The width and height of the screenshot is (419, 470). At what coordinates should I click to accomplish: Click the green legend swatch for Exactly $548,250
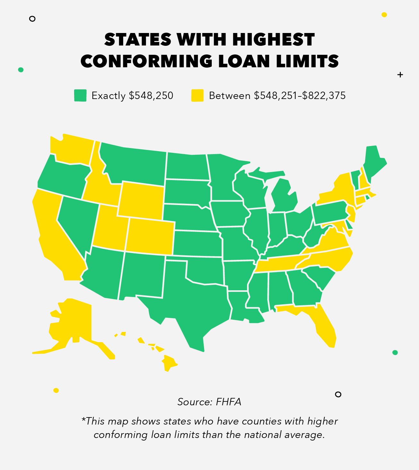tap(80, 95)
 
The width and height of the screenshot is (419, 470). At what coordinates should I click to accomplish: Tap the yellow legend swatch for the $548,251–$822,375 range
tap(197, 95)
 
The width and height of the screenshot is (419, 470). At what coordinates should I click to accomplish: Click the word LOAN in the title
tap(244, 61)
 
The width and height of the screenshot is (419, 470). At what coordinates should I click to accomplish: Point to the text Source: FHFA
tap(209, 402)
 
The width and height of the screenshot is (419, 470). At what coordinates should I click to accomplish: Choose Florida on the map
tap(324, 327)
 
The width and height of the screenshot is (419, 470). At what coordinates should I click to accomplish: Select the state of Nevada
tap(77, 221)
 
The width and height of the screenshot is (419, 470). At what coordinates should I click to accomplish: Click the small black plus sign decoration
tap(400, 75)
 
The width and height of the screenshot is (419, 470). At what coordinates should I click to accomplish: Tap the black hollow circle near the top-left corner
tap(32, 19)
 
